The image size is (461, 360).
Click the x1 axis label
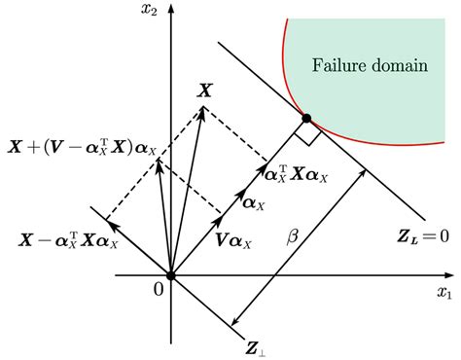[x=444, y=292]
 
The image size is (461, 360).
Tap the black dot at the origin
[x=170, y=276]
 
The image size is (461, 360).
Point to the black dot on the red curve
[x=306, y=119]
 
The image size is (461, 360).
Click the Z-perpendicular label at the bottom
[x=257, y=342]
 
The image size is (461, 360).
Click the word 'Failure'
[x=337, y=66]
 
